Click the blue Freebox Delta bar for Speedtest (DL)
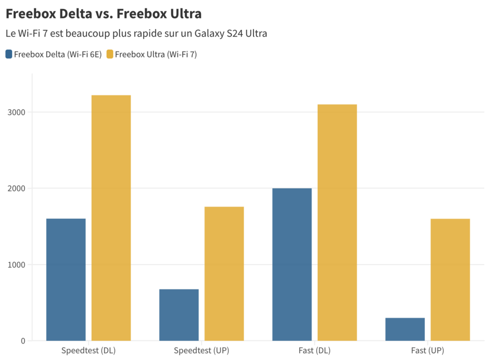[66, 280]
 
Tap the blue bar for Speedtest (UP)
[179, 315]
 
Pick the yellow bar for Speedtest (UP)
[224, 273]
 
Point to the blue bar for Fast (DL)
[292, 264]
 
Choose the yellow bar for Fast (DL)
[337, 222]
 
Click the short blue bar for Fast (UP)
[405, 329]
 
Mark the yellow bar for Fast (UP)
[450, 280]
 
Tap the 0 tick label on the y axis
[22, 341]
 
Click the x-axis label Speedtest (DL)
[89, 350]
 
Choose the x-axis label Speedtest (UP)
[202, 350]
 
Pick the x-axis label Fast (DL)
[314, 350]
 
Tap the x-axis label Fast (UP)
[427, 350]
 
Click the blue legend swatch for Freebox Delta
[9, 54]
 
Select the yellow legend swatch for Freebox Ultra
[110, 54]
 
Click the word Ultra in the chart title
[184, 14]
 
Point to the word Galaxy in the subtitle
[208, 34]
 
